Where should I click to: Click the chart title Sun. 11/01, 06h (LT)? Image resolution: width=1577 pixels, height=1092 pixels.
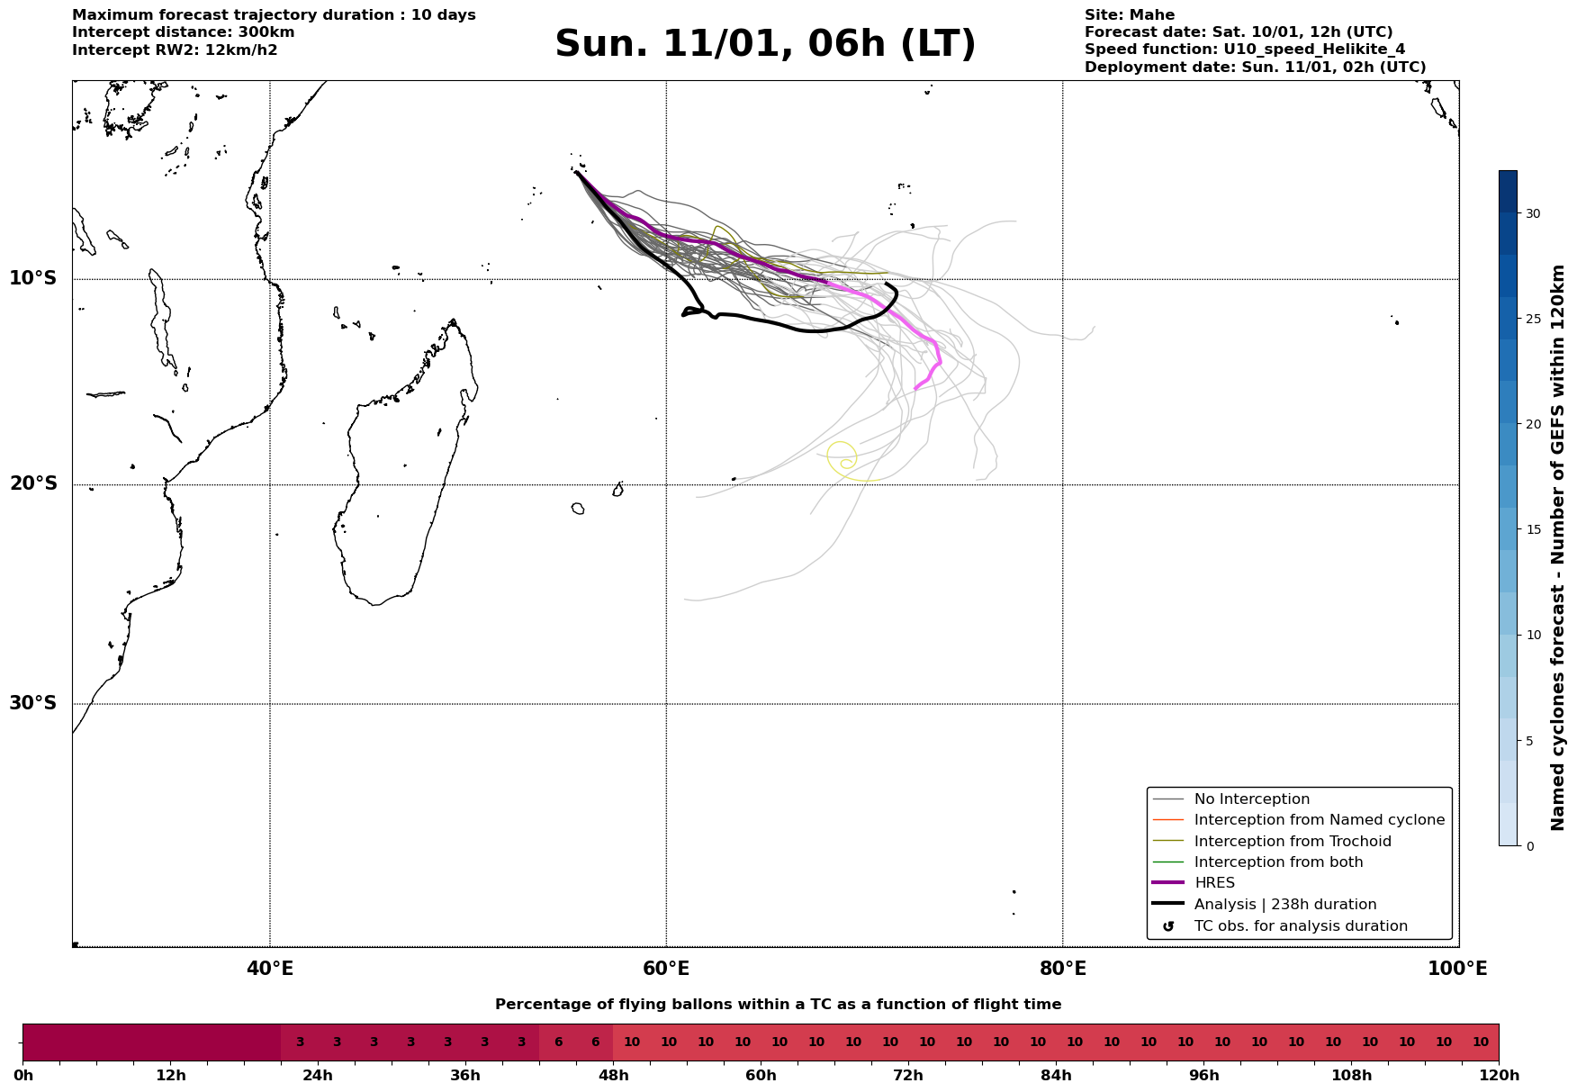coord(765,44)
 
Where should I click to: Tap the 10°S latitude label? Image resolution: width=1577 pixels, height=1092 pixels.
coord(33,278)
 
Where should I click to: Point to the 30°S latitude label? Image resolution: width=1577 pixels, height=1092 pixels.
coord(33,703)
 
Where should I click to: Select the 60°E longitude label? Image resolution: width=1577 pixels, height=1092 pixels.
coord(666,969)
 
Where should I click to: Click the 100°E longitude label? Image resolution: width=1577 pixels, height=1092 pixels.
coord(1457,969)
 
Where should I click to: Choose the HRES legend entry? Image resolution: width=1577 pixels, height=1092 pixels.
coord(1214,883)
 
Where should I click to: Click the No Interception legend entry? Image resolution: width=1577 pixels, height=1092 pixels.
coord(1251,799)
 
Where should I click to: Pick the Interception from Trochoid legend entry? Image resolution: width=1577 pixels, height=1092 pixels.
coord(1292,842)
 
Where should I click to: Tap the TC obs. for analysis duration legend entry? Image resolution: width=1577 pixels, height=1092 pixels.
coord(1300,926)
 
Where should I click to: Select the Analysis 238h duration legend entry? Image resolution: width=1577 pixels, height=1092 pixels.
coord(1284,905)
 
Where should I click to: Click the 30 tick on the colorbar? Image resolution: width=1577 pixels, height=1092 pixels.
coord(1532,213)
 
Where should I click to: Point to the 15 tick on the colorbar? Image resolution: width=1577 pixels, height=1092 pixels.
coord(1532,529)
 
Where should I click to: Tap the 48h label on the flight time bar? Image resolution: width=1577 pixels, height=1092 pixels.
coord(613,1076)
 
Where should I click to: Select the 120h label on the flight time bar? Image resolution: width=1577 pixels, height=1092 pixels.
coord(1499,1076)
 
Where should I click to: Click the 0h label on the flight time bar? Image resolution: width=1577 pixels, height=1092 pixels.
coord(23,1076)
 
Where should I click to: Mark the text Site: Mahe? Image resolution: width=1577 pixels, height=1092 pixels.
coord(1129,15)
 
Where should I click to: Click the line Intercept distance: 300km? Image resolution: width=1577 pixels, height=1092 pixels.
coord(183,32)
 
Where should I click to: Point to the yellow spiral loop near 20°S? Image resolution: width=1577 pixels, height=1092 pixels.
coord(842,457)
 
